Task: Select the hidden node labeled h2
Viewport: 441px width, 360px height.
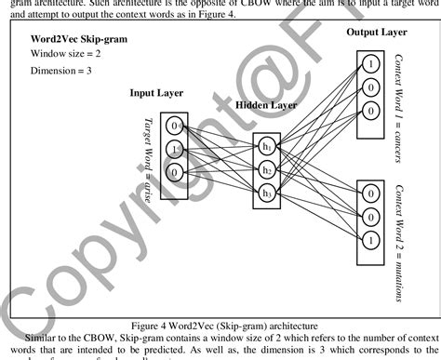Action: [267, 170]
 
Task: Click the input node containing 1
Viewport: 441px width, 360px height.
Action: [174, 149]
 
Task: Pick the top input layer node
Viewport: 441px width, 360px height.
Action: [174, 126]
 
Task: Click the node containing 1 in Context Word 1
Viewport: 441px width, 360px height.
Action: [371, 64]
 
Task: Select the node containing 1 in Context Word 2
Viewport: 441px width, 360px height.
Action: [371, 239]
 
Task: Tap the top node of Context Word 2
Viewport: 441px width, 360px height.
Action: [371, 194]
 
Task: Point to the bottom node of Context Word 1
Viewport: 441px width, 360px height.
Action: [371, 109]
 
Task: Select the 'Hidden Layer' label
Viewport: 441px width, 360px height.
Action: [266, 106]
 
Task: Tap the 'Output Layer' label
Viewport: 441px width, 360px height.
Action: [377, 33]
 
